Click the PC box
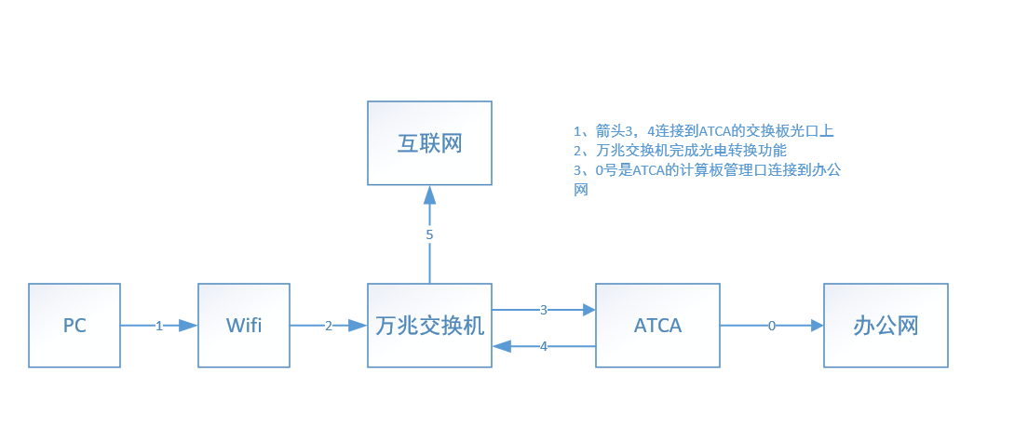pyautogui.click(x=74, y=326)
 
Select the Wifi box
pyautogui.click(x=244, y=326)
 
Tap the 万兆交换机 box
pyautogui.click(x=429, y=326)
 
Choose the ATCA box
pyautogui.click(x=657, y=326)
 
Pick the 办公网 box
pyautogui.click(x=886, y=326)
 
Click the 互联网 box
pyautogui.click(x=429, y=143)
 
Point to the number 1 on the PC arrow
pyautogui.click(x=159, y=326)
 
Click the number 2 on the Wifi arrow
pyautogui.click(x=329, y=326)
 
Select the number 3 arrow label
pyautogui.click(x=543, y=309)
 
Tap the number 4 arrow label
pyautogui.click(x=544, y=346)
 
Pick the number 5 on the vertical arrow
pyautogui.click(x=429, y=234)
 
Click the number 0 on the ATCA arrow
pyautogui.click(x=771, y=326)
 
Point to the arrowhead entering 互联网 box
pyautogui.click(x=429, y=194)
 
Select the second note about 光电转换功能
pyautogui.click(x=681, y=150)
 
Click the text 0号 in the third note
pyautogui.click(x=606, y=169)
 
